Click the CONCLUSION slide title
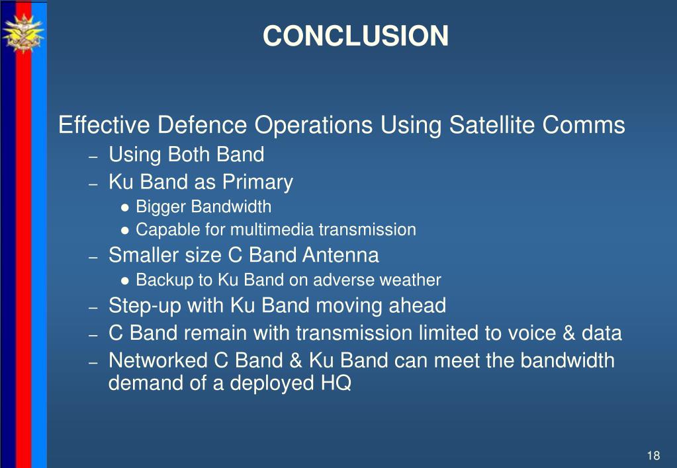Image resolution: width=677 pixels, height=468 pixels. [355, 36]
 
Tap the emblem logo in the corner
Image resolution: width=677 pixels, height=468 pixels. [23, 34]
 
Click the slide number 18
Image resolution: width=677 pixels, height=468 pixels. [653, 455]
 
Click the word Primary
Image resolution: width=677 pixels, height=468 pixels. [257, 182]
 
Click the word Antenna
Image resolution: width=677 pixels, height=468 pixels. [340, 254]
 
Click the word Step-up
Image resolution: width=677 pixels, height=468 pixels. [145, 306]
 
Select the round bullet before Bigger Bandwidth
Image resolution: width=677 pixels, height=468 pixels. [125, 208]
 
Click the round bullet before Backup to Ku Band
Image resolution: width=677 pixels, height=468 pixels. [125, 281]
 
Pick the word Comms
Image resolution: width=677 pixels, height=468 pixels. [583, 125]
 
